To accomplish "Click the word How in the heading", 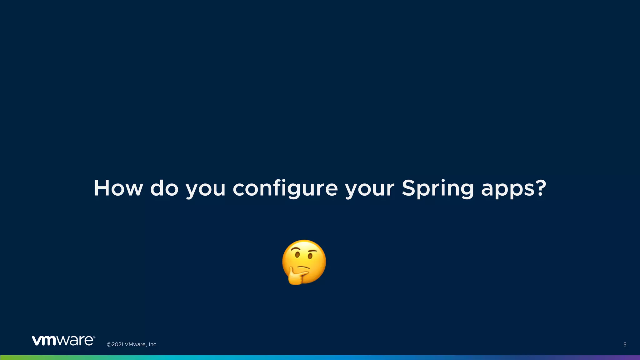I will [x=118, y=188].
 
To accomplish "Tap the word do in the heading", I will [x=164, y=188].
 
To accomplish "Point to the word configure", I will [x=285, y=189].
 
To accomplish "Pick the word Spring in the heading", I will [x=437, y=189].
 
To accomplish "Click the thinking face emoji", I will [x=304, y=262].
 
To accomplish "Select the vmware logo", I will [x=63, y=341].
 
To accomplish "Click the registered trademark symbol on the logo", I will [x=94, y=337].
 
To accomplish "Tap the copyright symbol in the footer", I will [x=109, y=345].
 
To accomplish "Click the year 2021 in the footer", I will [x=117, y=345].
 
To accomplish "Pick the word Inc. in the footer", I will [x=153, y=345].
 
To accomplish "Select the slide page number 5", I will [x=625, y=345].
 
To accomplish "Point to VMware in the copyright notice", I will [x=135, y=345].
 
